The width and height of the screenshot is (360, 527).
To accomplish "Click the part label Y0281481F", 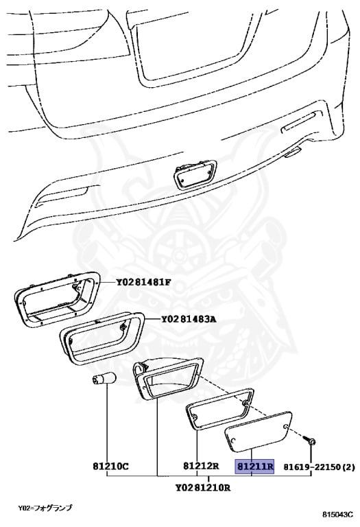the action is point(143,282).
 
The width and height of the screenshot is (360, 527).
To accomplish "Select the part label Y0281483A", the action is point(189,318).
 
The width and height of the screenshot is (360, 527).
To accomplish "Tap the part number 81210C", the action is point(110,467).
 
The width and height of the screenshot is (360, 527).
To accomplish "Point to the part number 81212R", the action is point(201,466).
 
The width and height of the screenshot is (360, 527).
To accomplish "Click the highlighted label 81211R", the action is point(254,467).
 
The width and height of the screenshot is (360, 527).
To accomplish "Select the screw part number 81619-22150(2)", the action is point(319,467).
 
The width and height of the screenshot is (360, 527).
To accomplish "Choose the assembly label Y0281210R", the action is point(203,488).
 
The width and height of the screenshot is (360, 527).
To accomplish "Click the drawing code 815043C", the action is point(337,514).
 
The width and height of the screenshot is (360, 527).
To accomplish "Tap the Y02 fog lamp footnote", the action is point(45,508).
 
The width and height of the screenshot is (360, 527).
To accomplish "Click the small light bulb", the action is point(104,379).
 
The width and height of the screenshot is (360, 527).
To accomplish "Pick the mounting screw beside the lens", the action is point(310,441).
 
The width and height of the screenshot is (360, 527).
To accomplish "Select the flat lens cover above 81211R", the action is point(258,430).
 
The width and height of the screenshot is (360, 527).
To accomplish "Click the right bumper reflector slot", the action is point(300,123).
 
